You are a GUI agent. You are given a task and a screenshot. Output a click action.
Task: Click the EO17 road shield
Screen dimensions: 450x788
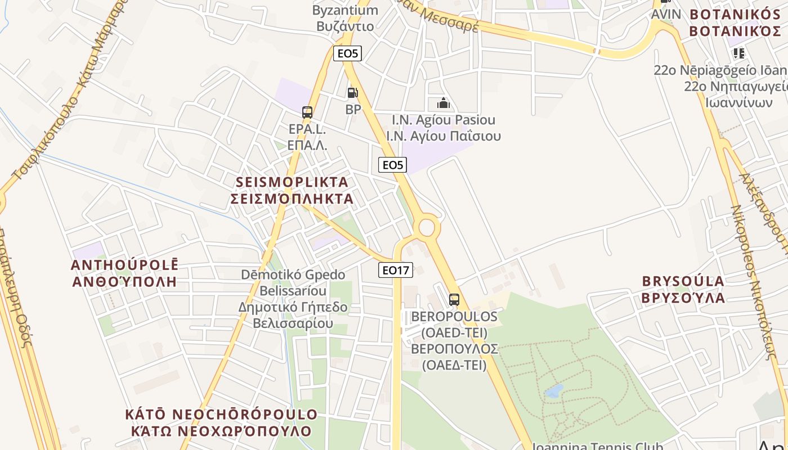point(395,270)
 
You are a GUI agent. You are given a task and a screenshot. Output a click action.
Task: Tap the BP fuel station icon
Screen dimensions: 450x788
point(352,93)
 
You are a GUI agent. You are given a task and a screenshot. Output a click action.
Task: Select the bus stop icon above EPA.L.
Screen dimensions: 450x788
point(307,112)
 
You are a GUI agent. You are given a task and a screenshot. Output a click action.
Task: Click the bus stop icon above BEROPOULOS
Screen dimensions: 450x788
point(454,300)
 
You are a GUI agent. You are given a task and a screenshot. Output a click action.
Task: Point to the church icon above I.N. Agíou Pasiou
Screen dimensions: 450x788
point(444,103)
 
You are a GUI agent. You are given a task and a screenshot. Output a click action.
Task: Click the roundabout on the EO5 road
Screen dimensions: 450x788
point(427,228)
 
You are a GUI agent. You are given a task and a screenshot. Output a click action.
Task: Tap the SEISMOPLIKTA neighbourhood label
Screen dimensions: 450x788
point(292,182)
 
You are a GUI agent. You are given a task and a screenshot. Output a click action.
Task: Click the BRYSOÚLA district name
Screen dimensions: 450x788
point(683,281)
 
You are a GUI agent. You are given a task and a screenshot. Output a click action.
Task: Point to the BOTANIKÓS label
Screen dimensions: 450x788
point(737,15)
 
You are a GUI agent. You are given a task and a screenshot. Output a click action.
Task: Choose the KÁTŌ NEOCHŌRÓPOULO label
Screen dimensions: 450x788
point(221,415)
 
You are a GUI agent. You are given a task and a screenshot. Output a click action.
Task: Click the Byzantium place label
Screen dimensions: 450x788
point(345,10)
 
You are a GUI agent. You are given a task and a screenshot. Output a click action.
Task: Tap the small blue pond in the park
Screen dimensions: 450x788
point(554,391)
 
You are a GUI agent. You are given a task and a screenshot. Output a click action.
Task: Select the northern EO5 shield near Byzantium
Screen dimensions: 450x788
point(347,53)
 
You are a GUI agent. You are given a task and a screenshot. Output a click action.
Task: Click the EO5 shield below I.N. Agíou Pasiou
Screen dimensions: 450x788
point(392,165)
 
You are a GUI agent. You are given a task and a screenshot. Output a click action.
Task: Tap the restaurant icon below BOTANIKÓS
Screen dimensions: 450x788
point(738,53)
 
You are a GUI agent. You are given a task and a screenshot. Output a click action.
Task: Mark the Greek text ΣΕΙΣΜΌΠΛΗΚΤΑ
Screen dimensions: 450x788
point(292,199)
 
